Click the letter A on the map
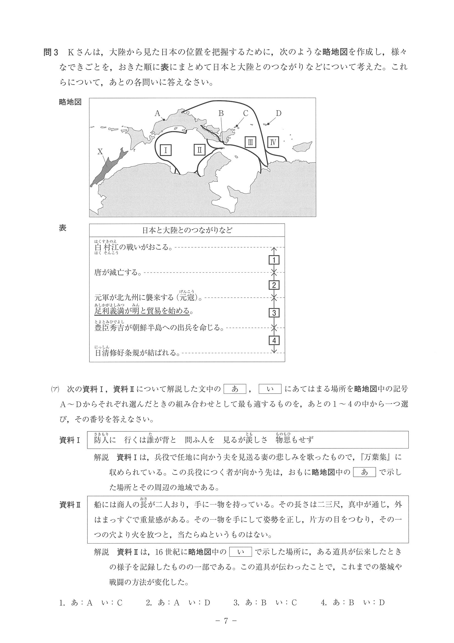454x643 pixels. click(x=157, y=113)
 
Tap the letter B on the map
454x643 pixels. click(x=221, y=113)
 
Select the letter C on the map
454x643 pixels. click(x=246, y=113)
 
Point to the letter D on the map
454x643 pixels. click(x=278, y=113)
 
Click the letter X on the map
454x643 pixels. click(x=100, y=152)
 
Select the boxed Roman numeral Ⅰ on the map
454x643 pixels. click(x=166, y=150)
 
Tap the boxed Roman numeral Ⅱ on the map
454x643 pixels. click(x=200, y=150)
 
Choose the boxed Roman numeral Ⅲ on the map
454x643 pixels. click(x=250, y=142)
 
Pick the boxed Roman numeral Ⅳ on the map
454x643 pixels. click(x=273, y=142)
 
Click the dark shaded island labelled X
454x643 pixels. click(x=109, y=168)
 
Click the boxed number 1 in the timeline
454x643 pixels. click(x=274, y=260)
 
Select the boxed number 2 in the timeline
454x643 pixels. click(x=274, y=286)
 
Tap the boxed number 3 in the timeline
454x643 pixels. click(x=274, y=313)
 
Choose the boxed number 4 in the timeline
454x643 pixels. click(x=274, y=340)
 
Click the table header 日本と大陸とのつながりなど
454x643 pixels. click(x=187, y=231)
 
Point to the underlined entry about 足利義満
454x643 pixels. click(x=142, y=311)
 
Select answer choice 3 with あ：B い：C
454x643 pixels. click(x=265, y=603)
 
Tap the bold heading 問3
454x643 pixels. click(x=51, y=52)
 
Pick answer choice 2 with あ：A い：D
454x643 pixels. click(x=178, y=603)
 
